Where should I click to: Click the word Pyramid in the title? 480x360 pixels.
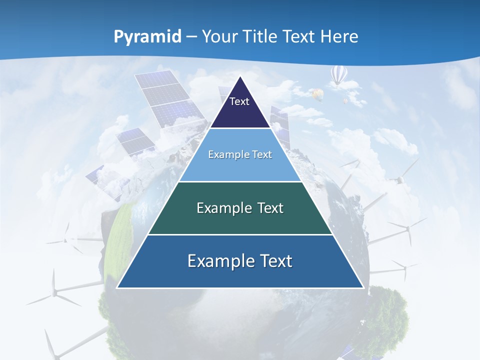147,36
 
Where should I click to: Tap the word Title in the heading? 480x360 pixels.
263,36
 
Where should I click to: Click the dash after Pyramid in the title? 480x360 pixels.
191,37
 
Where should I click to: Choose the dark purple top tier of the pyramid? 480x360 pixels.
240,107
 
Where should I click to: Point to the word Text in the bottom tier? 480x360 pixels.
275,261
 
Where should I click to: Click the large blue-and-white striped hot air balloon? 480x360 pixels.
338,75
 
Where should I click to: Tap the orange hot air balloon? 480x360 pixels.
317,93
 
